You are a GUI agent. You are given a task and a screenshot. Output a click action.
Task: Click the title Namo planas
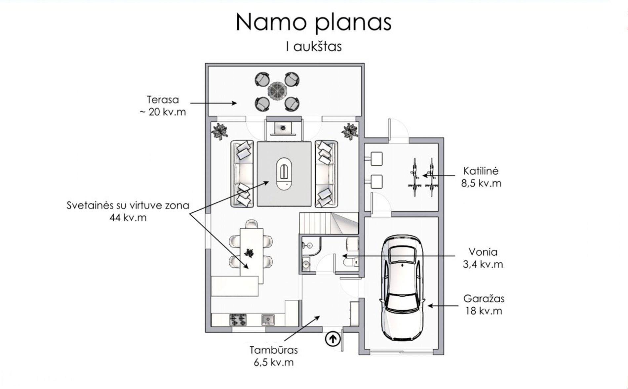tap(313, 22)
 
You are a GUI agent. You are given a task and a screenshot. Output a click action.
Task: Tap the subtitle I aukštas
tap(313, 47)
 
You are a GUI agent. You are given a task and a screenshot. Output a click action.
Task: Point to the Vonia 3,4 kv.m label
tap(483, 258)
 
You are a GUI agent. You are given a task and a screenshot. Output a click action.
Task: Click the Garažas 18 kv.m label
tap(484, 305)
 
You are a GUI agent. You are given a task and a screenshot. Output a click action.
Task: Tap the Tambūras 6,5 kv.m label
tap(274, 356)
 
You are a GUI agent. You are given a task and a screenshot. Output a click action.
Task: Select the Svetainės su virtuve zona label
tap(128, 211)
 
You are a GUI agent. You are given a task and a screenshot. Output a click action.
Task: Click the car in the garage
tap(402, 287)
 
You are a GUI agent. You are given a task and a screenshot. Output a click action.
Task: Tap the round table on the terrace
tap(277, 91)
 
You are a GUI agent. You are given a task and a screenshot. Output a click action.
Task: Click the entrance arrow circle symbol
tap(333, 339)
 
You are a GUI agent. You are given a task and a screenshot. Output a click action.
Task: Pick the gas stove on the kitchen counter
tap(238, 320)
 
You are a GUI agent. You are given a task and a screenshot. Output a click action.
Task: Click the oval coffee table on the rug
tap(284, 173)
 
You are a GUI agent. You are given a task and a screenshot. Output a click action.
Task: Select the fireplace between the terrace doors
tap(284, 128)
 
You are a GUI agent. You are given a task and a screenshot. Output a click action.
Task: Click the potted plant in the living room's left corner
tap(219, 131)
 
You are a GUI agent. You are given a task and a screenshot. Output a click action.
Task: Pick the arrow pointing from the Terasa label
tap(214, 103)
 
